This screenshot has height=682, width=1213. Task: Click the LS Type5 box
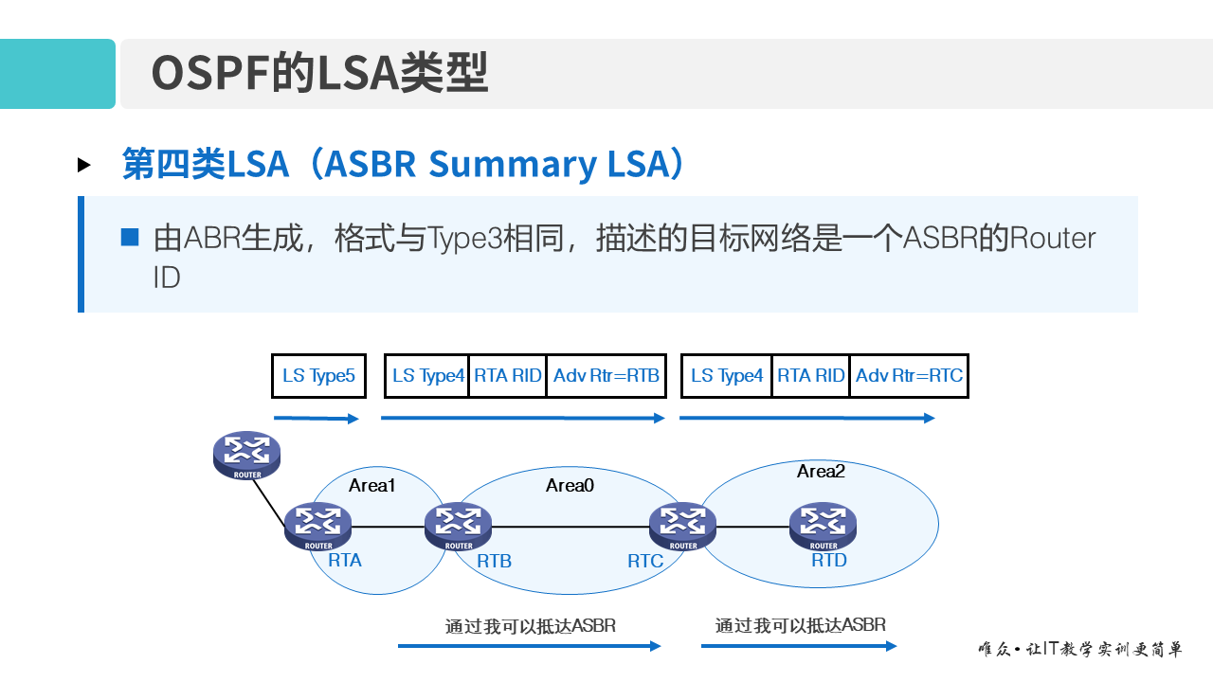click(318, 376)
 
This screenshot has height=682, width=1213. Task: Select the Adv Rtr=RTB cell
click(606, 376)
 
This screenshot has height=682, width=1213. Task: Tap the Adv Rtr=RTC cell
click(909, 376)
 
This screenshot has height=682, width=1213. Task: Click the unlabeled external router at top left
click(247, 455)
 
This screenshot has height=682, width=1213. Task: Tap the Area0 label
click(570, 486)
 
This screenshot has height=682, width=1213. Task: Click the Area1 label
click(371, 486)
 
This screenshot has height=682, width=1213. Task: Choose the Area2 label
click(821, 471)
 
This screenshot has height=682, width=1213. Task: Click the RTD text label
click(829, 561)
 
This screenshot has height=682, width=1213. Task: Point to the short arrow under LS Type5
click(317, 418)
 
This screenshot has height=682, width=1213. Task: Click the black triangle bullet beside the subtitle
click(84, 165)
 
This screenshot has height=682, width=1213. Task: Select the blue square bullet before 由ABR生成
click(130, 237)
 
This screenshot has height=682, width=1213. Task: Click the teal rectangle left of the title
click(57, 74)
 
